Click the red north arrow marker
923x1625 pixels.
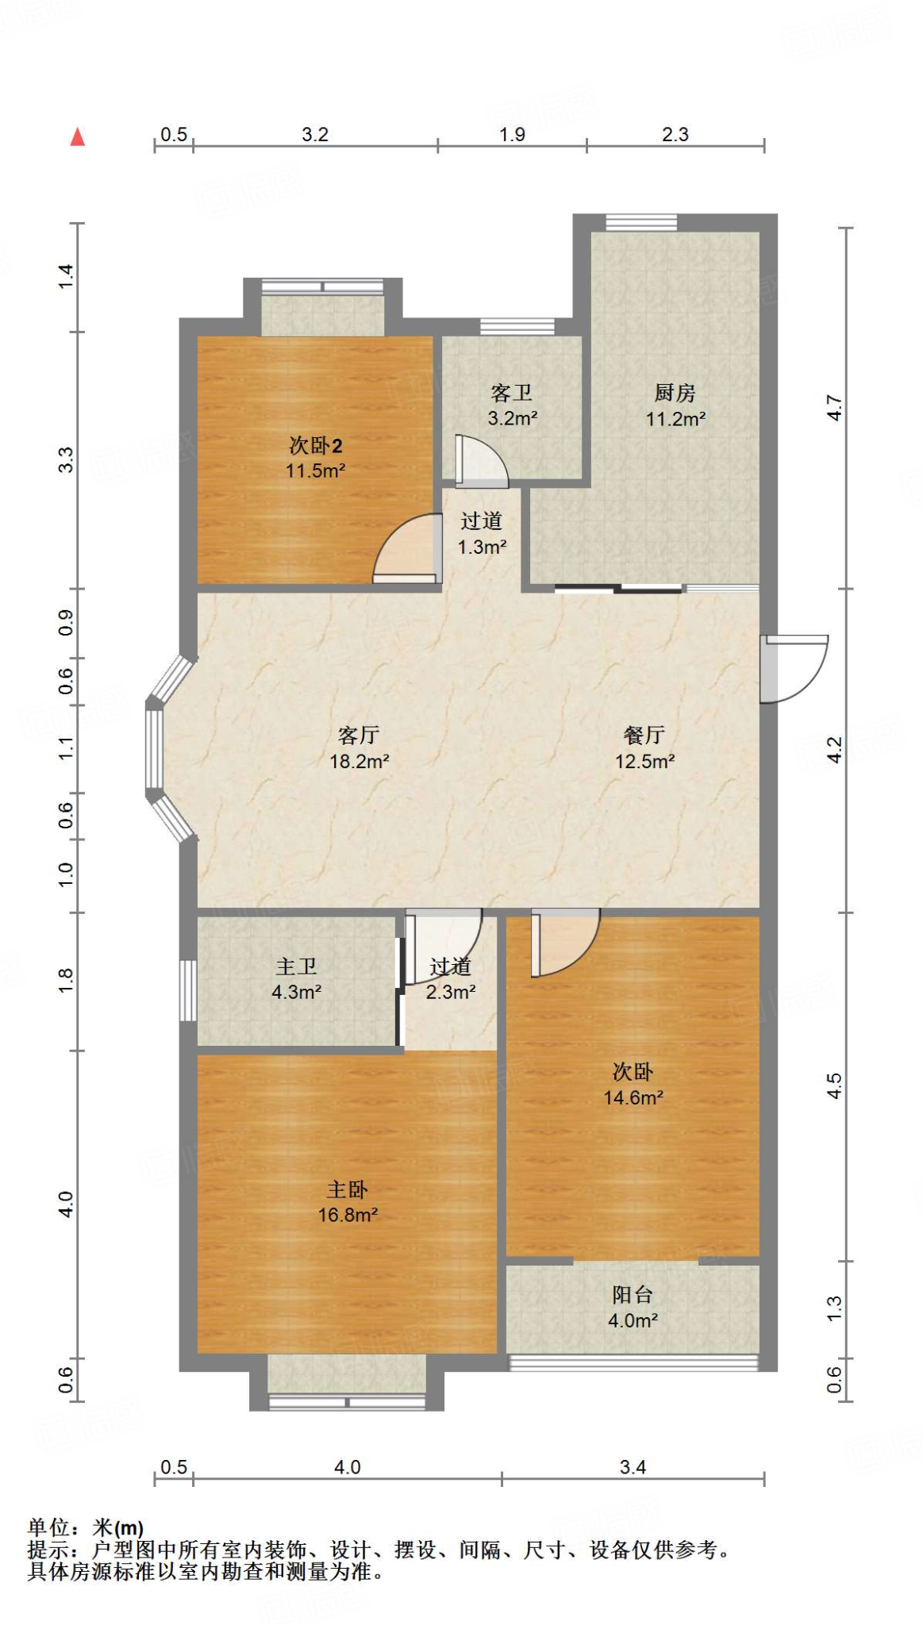(x=77, y=137)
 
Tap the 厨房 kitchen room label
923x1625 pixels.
(x=675, y=393)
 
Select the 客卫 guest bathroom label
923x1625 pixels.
(x=512, y=393)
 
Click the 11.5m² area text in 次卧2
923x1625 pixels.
(x=315, y=471)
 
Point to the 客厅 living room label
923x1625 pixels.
(x=359, y=736)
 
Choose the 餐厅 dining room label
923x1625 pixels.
(x=644, y=736)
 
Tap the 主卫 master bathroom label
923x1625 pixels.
(x=297, y=966)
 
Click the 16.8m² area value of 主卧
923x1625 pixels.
(x=348, y=1215)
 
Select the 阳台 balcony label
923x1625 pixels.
(x=633, y=1295)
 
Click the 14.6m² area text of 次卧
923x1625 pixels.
(x=633, y=1097)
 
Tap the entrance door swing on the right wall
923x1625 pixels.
(x=794, y=669)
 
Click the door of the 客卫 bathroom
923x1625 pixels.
(x=481, y=460)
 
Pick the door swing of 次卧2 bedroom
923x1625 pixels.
(x=407, y=548)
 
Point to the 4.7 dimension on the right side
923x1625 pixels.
(x=833, y=408)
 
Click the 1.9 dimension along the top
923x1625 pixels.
(x=512, y=134)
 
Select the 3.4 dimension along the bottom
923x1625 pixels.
(x=633, y=1467)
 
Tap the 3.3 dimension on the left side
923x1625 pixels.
(x=66, y=460)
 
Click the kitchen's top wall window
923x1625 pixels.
(x=641, y=222)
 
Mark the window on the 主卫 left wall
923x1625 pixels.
(x=188, y=990)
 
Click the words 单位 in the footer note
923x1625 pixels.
(x=49, y=1527)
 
